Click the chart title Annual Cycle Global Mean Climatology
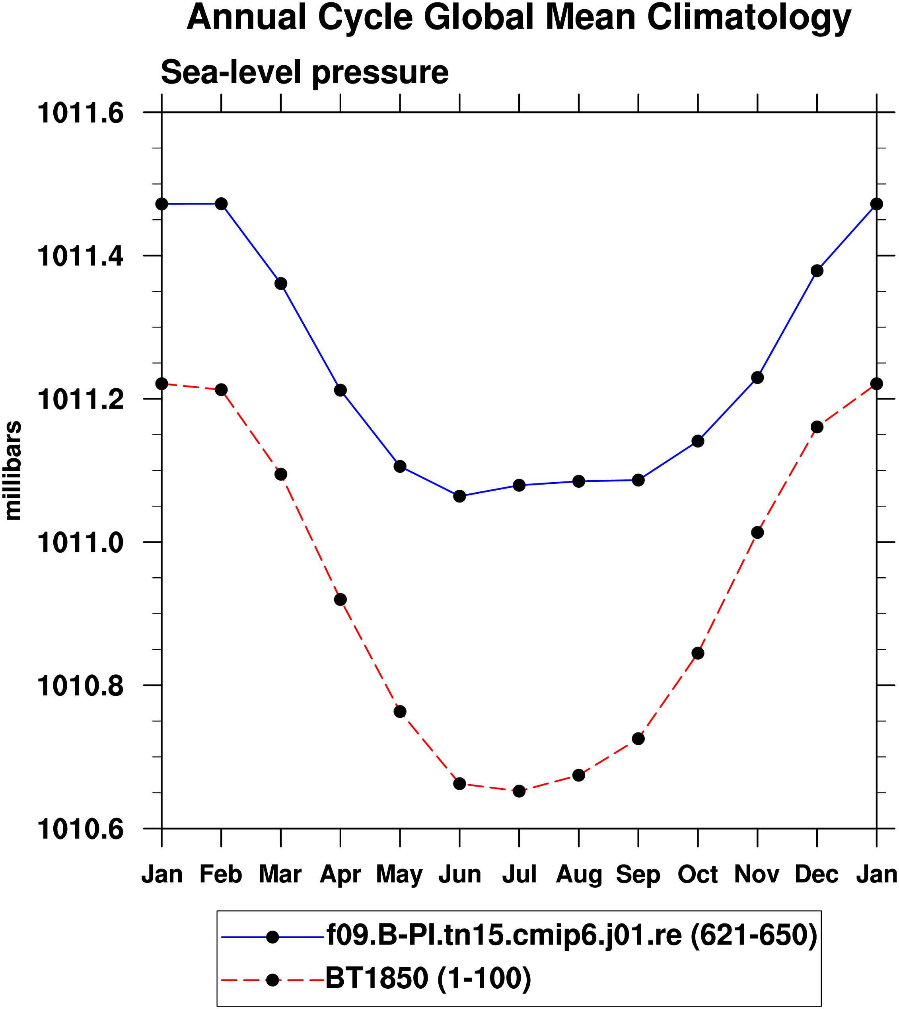pyautogui.click(x=519, y=18)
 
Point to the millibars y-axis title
pyautogui.click(x=14, y=470)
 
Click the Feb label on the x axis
pyautogui.click(x=221, y=875)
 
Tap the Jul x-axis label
pyautogui.click(x=519, y=875)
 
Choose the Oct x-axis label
pyautogui.click(x=697, y=875)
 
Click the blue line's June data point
pyautogui.click(x=459, y=496)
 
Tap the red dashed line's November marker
pyautogui.click(x=757, y=533)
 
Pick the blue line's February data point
pyautogui.click(x=221, y=204)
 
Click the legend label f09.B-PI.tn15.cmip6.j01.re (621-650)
pyautogui.click(x=572, y=936)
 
